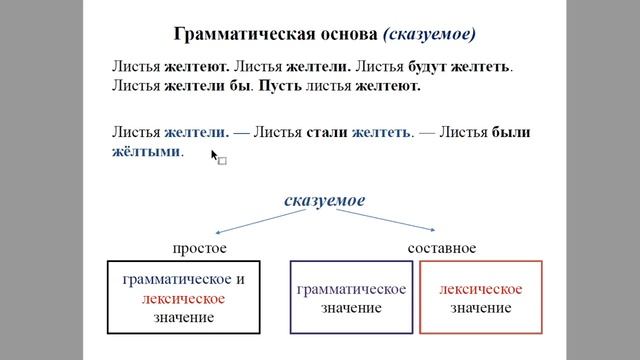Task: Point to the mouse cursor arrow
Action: coord(215,154)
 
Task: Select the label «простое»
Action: coord(200,247)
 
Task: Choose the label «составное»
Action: coord(442,247)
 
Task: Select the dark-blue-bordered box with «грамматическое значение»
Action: coord(351,297)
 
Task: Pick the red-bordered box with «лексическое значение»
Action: coord(481,297)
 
